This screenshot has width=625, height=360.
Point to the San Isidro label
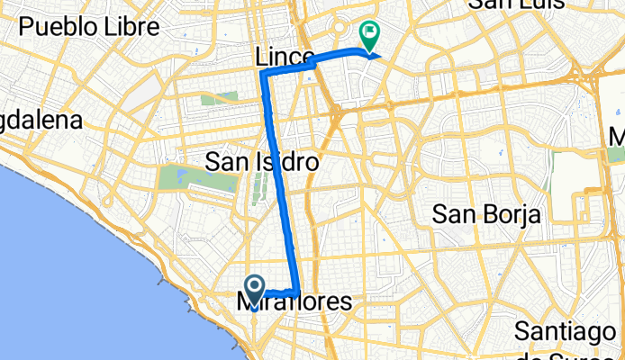pos(262,162)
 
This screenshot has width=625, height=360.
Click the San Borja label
pos(485,214)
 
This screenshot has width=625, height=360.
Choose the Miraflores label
pos(295,303)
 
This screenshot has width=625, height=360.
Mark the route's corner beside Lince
pos(264,73)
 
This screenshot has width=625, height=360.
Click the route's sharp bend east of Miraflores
pos(296,291)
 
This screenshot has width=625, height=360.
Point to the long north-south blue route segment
pos(279,180)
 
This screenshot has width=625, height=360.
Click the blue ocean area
pos(72,270)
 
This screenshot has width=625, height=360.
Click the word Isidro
pos(289,162)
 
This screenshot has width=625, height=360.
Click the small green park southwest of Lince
pos(213,96)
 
